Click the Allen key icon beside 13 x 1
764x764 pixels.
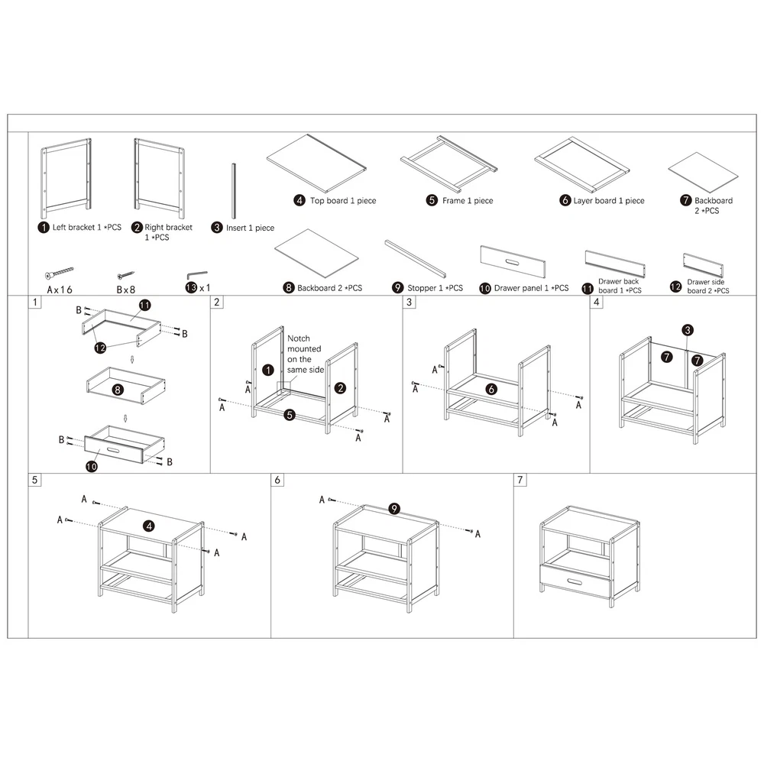196,275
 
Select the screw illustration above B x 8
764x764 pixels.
125,274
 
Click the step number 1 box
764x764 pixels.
35,303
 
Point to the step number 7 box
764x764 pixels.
520,480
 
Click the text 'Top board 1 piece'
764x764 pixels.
342,201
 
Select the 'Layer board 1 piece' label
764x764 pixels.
609,201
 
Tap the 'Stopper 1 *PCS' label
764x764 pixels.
434,288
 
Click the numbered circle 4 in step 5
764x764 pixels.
149,526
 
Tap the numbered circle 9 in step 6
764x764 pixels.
393,509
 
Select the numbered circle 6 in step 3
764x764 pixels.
491,389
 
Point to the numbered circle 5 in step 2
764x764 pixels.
290,415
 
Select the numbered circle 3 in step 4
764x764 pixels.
688,330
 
